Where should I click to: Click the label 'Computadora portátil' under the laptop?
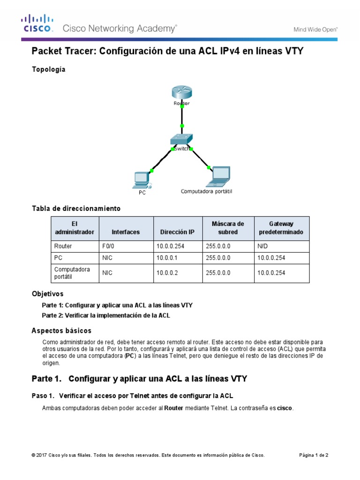(x=207, y=191)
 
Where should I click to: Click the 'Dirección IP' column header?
(x=177, y=232)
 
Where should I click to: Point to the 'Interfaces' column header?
(x=126, y=232)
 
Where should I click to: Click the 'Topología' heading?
(x=49, y=70)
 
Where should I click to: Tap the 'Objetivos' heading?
(x=47, y=294)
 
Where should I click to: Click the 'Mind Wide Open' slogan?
(x=315, y=29)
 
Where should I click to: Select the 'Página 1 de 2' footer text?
(x=314, y=455)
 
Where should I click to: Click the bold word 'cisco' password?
(x=285, y=408)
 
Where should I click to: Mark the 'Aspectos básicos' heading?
(x=61, y=330)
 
